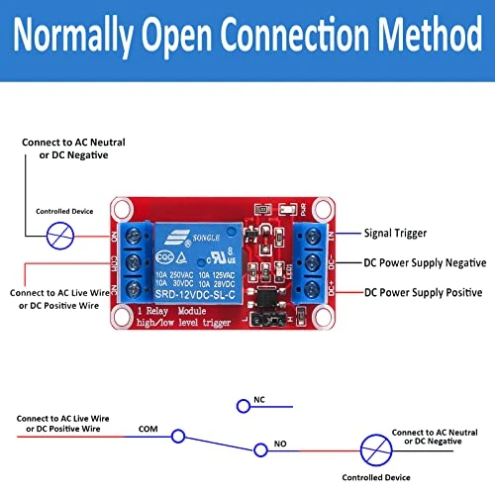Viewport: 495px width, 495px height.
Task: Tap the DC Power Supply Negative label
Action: pos(425,263)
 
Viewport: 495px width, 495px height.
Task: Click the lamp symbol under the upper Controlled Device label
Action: pos(60,235)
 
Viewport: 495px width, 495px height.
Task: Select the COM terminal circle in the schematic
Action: pos(177,436)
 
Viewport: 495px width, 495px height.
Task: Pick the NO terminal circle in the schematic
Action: pos(260,449)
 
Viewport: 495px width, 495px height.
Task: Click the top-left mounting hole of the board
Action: pos(123,209)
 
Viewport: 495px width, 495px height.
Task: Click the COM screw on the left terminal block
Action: pos(139,263)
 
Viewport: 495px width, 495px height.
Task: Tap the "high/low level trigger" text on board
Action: pos(181,323)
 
